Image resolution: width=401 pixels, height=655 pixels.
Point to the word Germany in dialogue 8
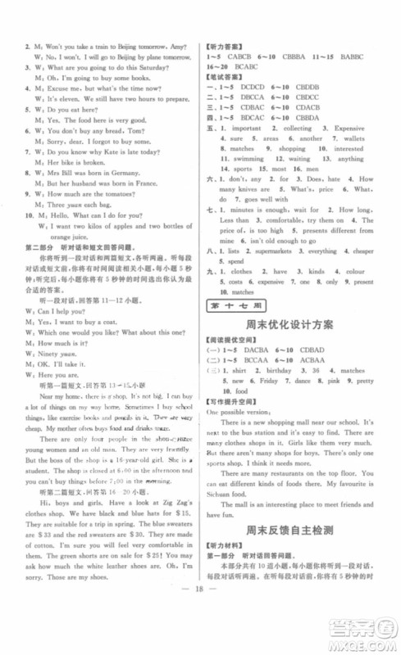click(x=132, y=174)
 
